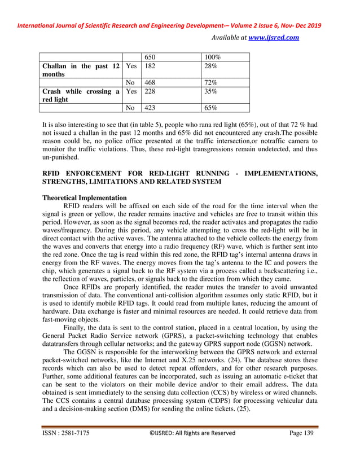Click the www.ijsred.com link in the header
(x=274, y=38)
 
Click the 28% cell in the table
(x=210, y=67)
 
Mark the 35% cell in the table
(x=210, y=91)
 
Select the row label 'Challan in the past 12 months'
(x=81, y=71)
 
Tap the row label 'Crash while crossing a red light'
(x=81, y=95)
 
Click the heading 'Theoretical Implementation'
(x=85, y=198)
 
